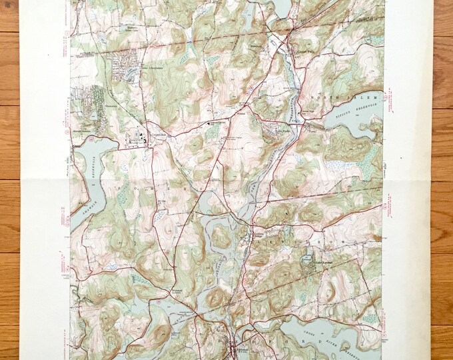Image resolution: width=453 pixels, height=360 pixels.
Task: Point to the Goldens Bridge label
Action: coord(260,236)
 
